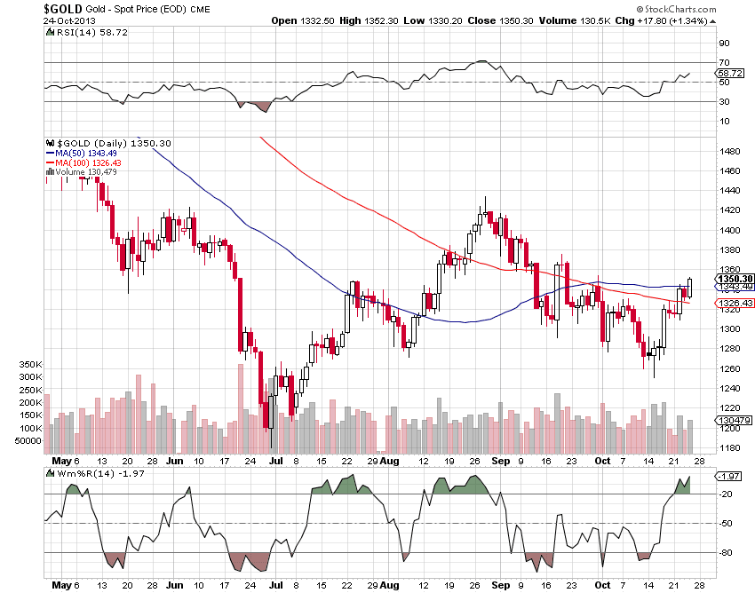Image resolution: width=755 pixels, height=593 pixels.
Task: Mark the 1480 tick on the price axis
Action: (729, 151)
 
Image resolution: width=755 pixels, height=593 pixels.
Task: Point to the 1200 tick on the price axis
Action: (729, 428)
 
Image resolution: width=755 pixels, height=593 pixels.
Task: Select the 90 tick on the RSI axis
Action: (724, 43)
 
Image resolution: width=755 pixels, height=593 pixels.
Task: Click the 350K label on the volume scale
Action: (30, 365)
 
